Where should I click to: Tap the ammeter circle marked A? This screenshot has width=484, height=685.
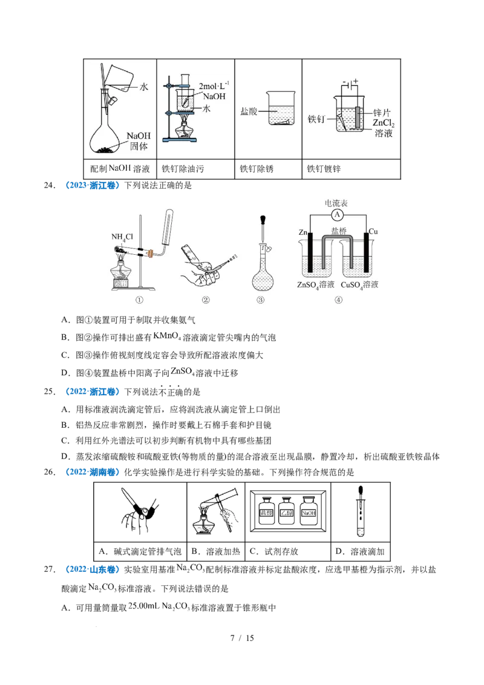[339, 215]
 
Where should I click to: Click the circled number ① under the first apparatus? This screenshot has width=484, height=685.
[140, 300]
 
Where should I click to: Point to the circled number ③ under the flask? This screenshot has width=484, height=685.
[261, 300]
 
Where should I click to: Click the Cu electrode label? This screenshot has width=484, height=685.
[373, 231]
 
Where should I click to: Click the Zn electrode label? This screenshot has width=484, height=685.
[304, 231]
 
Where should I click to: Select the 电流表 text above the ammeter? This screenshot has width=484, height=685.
[336, 203]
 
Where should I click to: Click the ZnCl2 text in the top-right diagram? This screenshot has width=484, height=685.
[384, 123]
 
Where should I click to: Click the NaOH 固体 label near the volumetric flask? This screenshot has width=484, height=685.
[139, 140]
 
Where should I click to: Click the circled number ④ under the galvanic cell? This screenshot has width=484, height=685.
[338, 300]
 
